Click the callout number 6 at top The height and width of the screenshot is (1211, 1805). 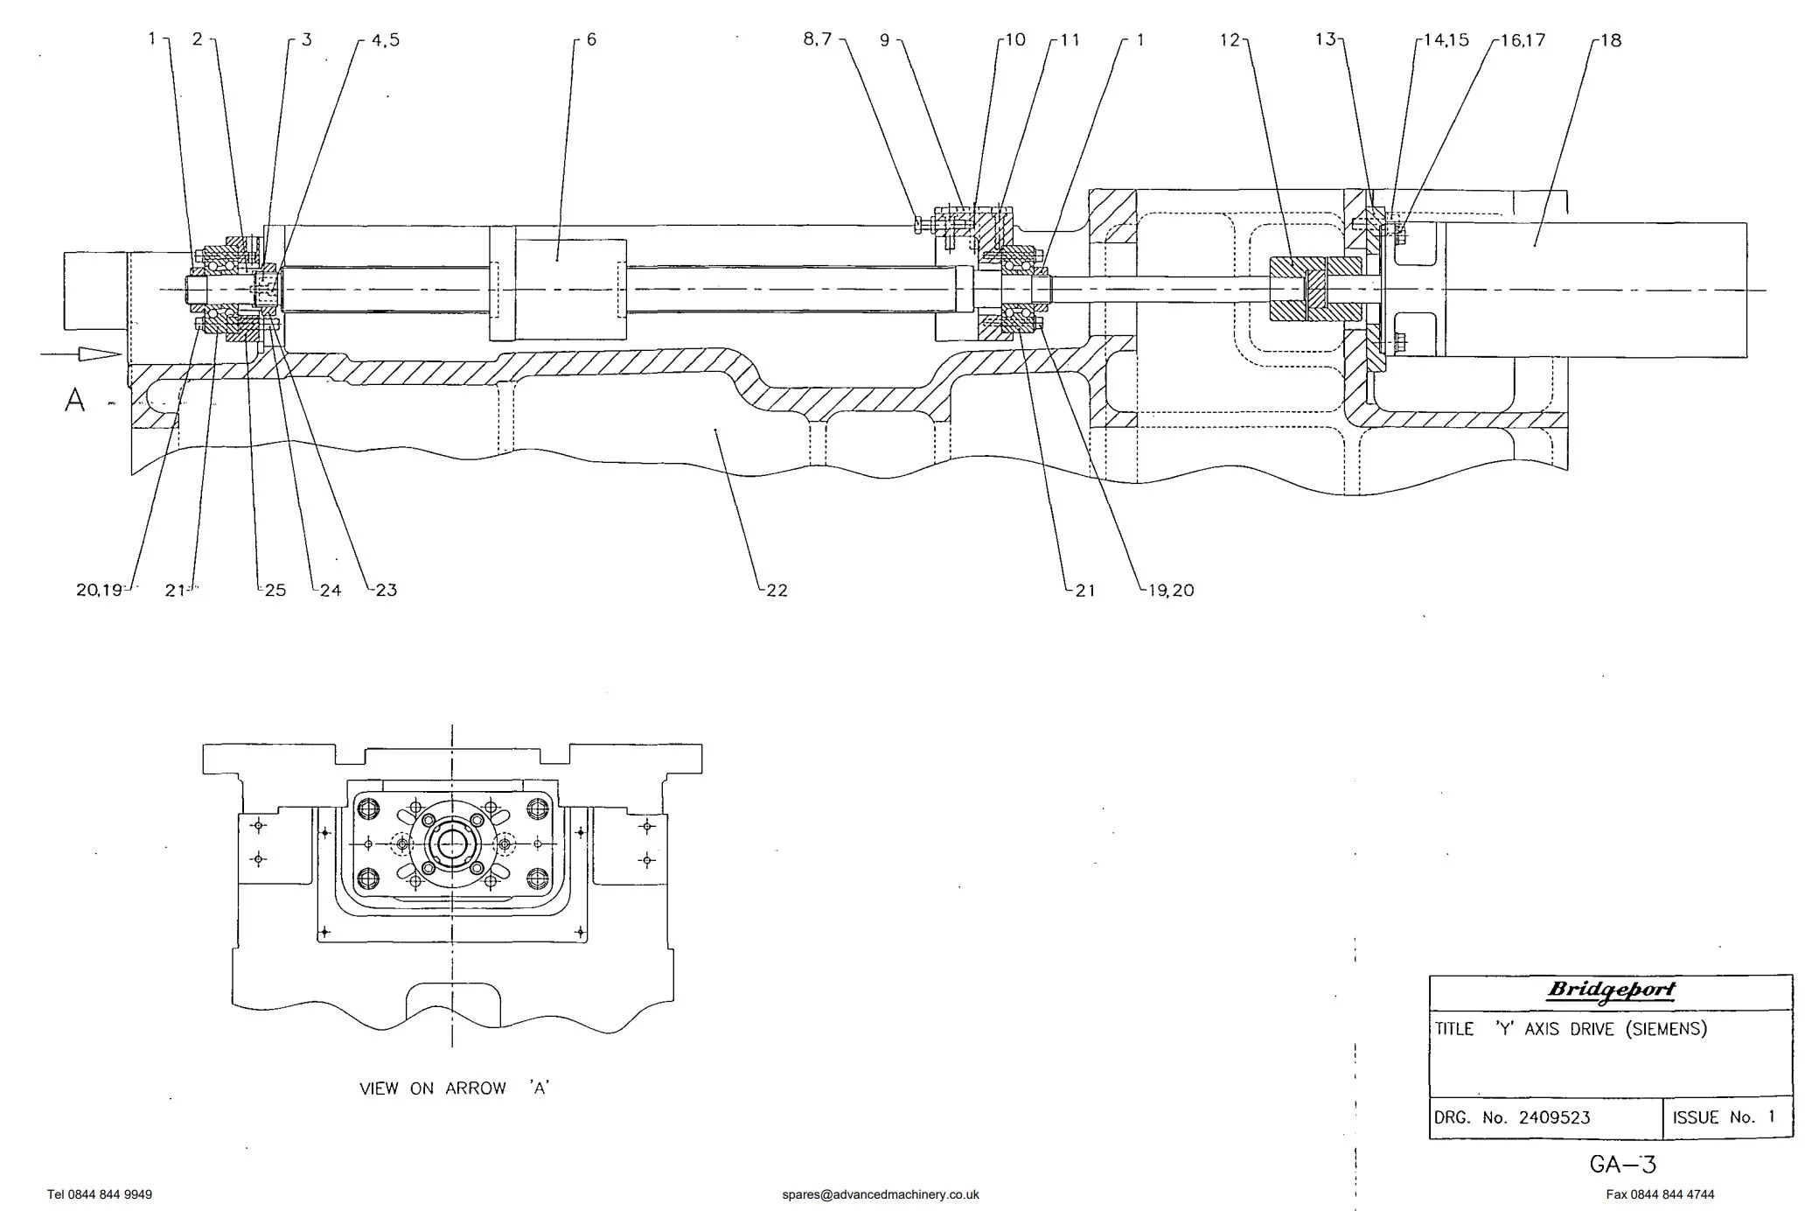592,39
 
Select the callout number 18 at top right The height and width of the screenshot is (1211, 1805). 1611,40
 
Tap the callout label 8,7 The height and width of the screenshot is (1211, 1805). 818,39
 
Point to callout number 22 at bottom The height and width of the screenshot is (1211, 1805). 777,591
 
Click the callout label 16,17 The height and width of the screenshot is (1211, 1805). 1523,40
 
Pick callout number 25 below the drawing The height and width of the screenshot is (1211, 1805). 275,591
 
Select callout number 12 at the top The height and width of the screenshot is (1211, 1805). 1230,39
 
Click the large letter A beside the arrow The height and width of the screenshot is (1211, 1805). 75,400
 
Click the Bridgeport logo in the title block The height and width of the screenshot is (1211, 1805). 1611,990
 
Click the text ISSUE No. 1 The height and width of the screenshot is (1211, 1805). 1724,1117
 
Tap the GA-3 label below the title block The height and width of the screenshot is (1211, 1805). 1622,1165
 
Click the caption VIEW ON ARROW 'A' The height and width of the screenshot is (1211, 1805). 454,1088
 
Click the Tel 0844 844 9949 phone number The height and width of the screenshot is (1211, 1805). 100,1194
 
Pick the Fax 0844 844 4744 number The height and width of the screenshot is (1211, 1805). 1660,1194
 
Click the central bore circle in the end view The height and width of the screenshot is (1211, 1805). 452,843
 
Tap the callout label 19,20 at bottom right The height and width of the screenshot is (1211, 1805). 1171,591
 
